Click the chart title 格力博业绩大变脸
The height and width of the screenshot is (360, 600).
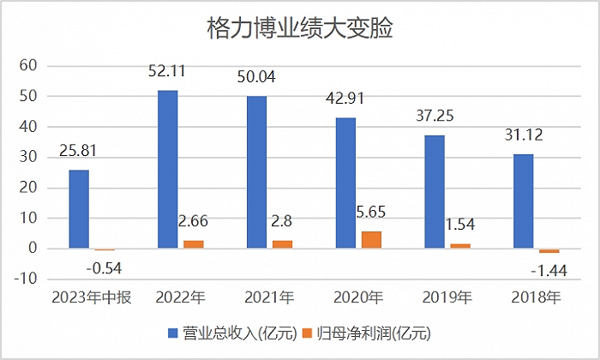tap(300, 30)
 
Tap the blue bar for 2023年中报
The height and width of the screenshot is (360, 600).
tap(78, 209)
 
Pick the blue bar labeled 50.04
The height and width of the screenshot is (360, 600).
tap(256, 172)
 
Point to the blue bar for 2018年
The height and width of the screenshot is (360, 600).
tap(523, 201)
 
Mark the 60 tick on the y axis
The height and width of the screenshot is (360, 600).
tap(28, 65)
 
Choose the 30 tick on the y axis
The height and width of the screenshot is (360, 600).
tap(28, 157)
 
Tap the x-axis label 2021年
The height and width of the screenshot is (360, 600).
tap(269, 297)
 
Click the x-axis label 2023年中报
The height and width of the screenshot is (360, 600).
tap(90, 297)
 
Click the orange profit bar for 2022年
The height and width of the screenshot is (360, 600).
tap(194, 244)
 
